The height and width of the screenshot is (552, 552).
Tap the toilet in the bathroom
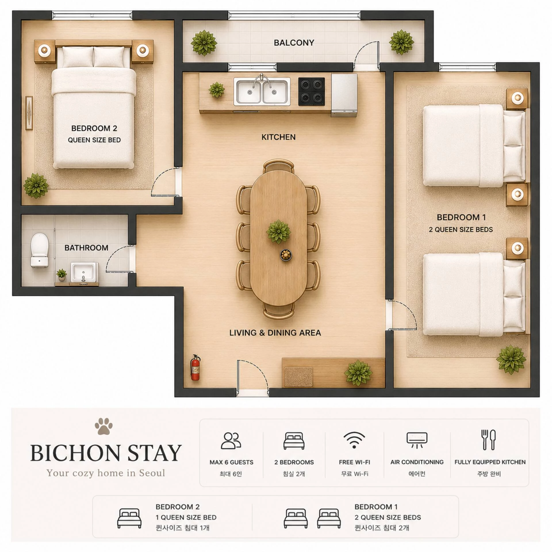pos(39,250)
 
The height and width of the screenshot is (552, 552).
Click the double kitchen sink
pos(262,91)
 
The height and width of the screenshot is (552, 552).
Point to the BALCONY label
pos(294,43)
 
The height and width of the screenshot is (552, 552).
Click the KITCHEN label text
pos(278,137)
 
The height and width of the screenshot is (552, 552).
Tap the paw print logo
pos(103,426)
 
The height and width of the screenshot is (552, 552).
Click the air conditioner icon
pos(417,440)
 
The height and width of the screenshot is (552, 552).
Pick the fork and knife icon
pos(489,440)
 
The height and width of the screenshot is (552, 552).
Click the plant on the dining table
pos(278,231)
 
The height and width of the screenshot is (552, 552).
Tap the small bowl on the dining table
pos(286,255)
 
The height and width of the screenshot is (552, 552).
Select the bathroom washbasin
pos(83,272)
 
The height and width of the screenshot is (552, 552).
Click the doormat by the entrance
pos(298,377)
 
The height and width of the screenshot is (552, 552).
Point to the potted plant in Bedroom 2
pos(36,186)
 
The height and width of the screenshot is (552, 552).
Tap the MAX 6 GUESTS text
pos(231,462)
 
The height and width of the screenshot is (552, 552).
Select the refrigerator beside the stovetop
pos(344,95)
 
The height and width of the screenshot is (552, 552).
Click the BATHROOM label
pos(86,248)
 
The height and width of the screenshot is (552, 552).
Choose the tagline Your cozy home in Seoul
pos(106,473)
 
